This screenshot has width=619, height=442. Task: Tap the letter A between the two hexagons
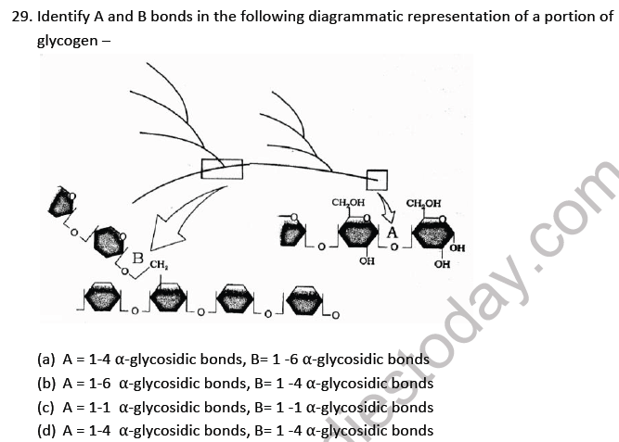[x=393, y=232]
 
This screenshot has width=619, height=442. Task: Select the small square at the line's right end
[x=376, y=178]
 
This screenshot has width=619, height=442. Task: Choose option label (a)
[x=45, y=359]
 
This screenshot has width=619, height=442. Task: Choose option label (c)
[x=45, y=407]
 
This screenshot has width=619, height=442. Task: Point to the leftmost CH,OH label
[x=348, y=202]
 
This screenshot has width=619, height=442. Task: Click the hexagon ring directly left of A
[x=358, y=234]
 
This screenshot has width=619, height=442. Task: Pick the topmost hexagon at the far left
[x=63, y=202]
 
